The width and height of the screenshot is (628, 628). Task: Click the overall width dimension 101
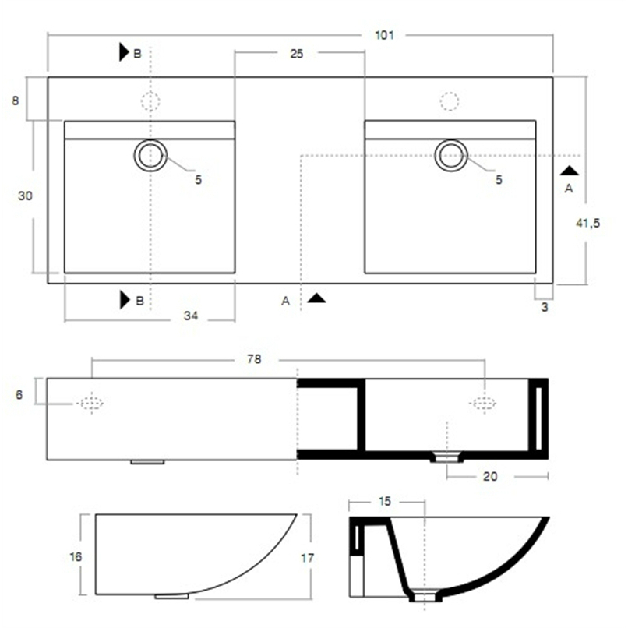384,35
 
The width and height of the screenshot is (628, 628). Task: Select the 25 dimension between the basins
297,54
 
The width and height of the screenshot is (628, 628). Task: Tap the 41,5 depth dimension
588,223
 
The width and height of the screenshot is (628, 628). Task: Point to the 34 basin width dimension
191,316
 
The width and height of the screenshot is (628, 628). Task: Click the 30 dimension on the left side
25,196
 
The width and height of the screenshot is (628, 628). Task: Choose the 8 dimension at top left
16,101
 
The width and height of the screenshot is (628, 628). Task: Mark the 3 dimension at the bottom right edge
545,307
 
